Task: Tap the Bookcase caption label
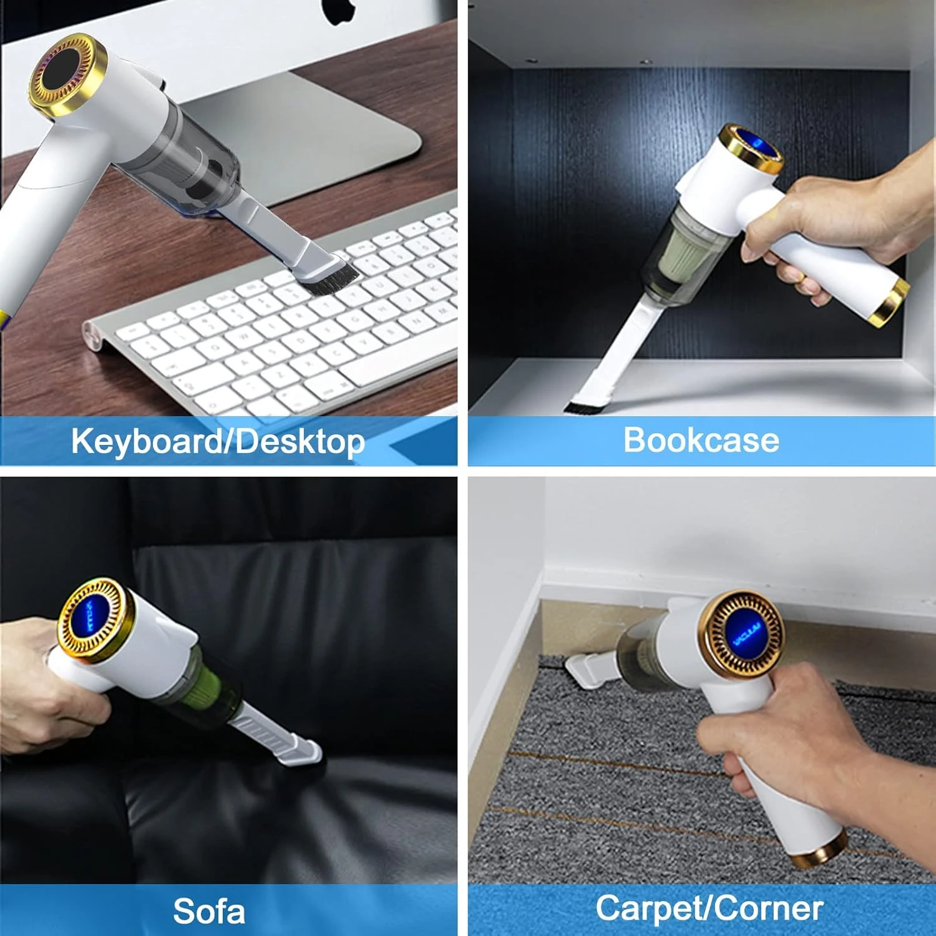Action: pyautogui.click(x=701, y=440)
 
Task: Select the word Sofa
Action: pyautogui.click(x=209, y=911)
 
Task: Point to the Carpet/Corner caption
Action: pyautogui.click(x=709, y=908)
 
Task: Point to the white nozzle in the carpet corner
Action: pyautogui.click(x=587, y=671)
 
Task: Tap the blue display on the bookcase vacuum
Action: pyautogui.click(x=757, y=146)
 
